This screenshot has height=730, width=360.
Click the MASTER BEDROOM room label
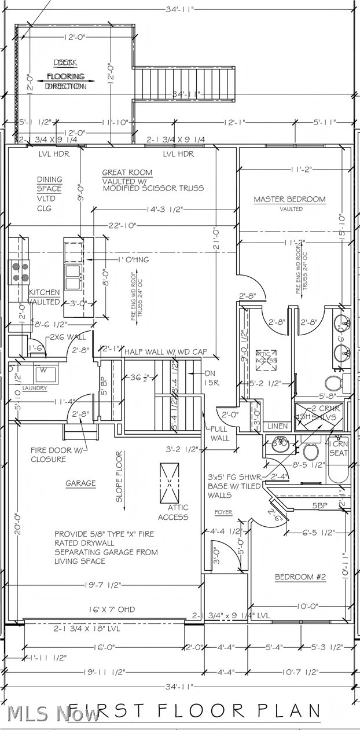click(x=289, y=200)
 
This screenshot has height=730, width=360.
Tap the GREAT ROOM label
click(x=127, y=173)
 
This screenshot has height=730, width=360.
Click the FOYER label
click(x=223, y=512)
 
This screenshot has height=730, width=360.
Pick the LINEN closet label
click(x=278, y=426)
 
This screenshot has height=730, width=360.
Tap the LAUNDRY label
click(x=34, y=388)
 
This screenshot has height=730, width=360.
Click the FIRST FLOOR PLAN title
click(x=194, y=711)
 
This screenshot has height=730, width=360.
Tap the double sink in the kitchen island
click(x=74, y=277)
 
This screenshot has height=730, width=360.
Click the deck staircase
click(x=184, y=85)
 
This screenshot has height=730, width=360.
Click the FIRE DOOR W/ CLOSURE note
click(x=56, y=455)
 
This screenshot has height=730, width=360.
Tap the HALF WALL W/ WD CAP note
click(x=164, y=351)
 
